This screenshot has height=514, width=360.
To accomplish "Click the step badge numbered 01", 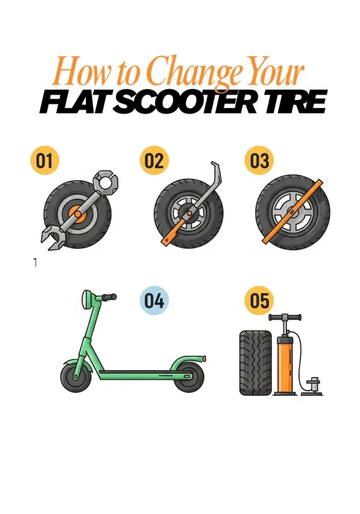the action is (x=44, y=161).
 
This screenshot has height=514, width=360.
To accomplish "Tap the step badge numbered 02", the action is (x=154, y=161).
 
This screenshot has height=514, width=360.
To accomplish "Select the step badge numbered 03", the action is (x=259, y=161).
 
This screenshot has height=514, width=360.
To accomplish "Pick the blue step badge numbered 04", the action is (x=154, y=301).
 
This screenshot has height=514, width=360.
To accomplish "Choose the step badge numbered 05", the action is (x=259, y=301).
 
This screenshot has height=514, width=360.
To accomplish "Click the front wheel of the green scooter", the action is (x=76, y=377).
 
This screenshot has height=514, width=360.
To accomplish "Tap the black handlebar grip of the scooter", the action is (x=109, y=297).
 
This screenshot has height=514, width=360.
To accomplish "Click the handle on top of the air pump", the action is (x=285, y=317).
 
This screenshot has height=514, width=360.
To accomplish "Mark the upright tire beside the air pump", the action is (x=256, y=362).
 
